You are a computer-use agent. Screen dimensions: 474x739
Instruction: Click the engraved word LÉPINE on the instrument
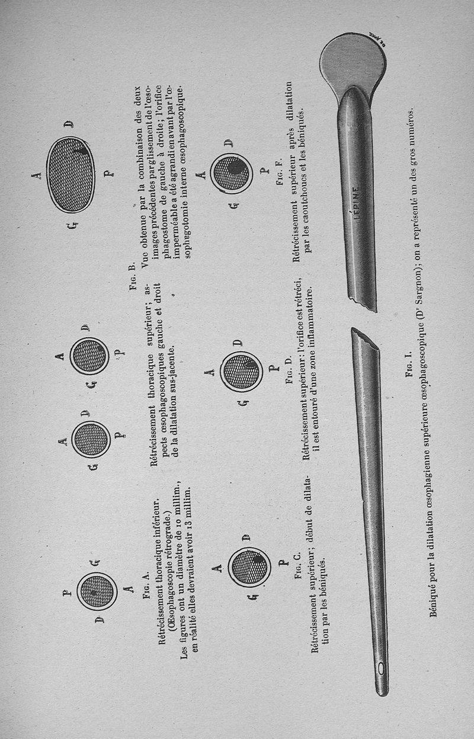pos(355,203)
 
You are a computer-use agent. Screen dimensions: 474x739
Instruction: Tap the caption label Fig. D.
pos(289,370)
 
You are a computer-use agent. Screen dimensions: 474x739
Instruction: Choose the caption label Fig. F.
pos(280,172)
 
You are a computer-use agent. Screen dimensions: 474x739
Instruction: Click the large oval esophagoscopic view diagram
pos(71,175)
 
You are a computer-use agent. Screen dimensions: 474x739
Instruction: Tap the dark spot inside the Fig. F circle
pos(234,168)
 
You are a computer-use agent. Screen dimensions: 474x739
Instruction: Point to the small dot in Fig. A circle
pos(94,593)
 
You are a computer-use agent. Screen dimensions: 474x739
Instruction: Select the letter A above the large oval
pos(39,175)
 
